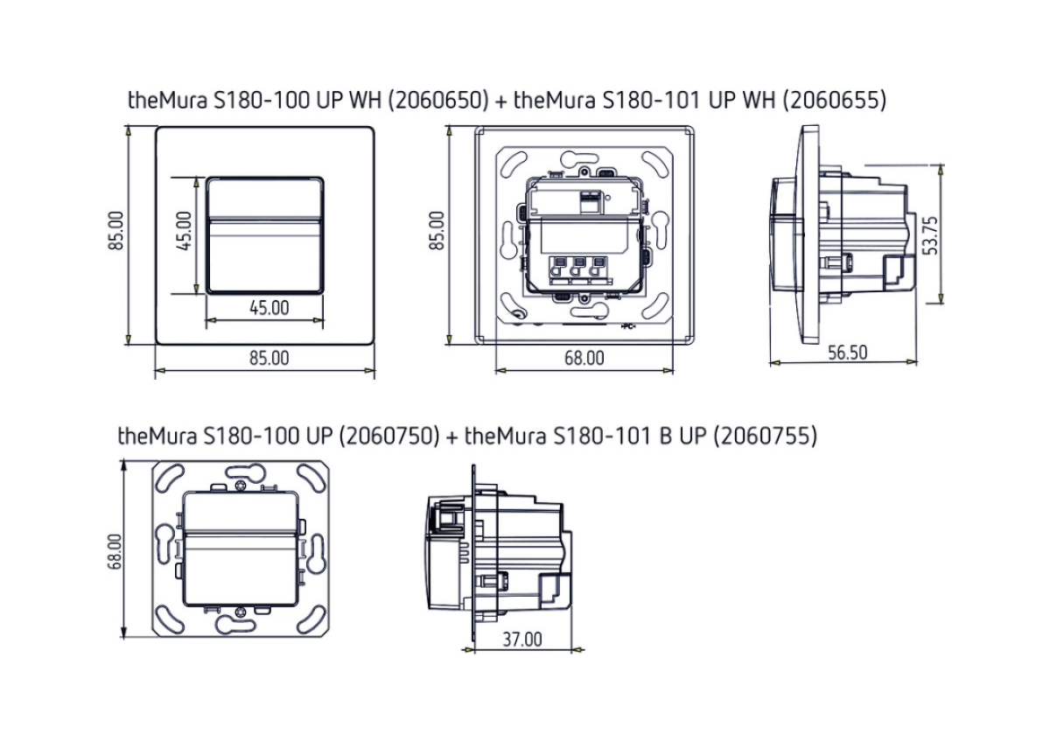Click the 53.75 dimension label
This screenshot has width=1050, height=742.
[931, 235]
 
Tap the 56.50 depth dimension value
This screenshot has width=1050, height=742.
[848, 353]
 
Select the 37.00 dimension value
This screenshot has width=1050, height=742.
[522, 640]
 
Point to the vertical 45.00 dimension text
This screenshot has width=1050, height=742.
[185, 231]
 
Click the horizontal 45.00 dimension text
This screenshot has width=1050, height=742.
[269, 308]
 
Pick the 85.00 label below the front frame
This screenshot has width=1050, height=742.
[269, 358]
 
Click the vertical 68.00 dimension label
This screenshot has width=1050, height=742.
[115, 552]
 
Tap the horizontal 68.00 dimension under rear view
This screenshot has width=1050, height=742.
[584, 358]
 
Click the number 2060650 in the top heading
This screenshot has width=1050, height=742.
[438, 101]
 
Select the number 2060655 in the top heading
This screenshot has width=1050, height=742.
[835, 101]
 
